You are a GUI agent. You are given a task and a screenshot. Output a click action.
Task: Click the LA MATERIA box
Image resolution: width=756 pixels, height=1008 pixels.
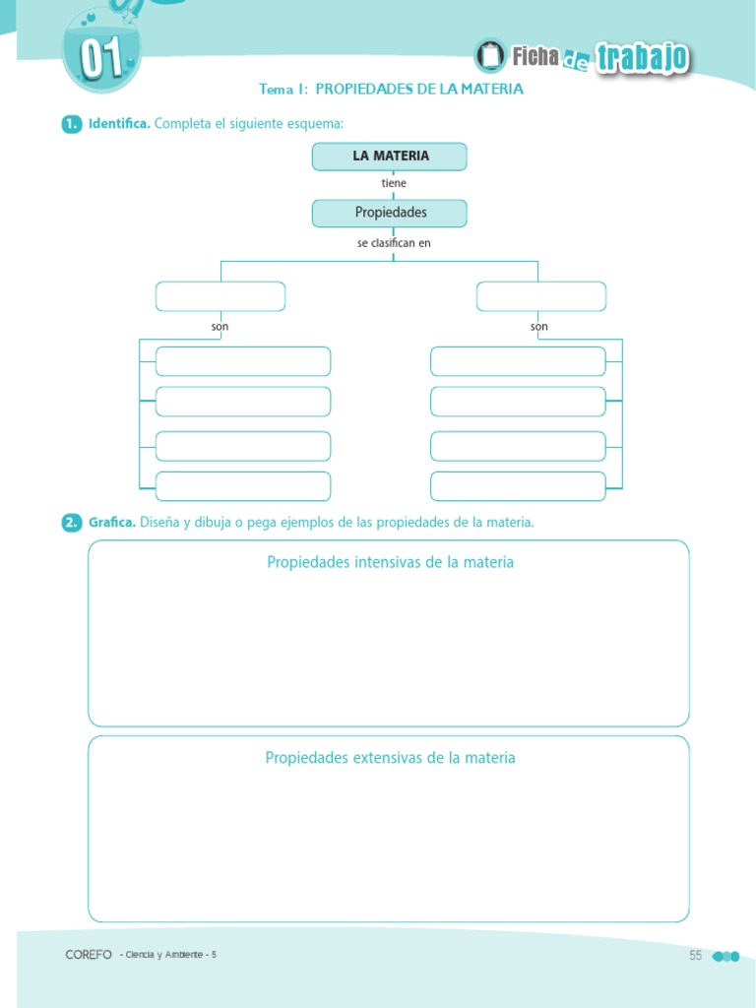(390, 157)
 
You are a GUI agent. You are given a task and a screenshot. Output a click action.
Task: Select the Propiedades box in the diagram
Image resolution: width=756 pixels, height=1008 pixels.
(390, 213)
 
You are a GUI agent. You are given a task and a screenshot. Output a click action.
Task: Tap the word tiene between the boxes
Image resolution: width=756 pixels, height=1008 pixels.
(394, 184)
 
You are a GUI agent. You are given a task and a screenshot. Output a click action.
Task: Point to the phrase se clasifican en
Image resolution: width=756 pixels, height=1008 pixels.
(394, 242)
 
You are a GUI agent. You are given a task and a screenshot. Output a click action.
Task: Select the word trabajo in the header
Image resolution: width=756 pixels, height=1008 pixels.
(642, 59)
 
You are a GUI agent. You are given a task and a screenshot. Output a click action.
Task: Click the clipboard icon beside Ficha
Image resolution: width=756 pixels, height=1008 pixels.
(489, 56)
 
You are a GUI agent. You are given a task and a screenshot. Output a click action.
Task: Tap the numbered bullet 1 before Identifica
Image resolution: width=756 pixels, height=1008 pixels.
(70, 124)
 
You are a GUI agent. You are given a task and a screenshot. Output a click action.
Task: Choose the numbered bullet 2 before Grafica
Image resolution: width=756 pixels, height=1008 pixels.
(70, 523)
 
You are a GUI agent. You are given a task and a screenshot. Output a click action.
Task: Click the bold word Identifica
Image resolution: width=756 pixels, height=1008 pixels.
(119, 124)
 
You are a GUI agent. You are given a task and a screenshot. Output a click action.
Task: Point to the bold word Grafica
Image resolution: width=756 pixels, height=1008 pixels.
(111, 523)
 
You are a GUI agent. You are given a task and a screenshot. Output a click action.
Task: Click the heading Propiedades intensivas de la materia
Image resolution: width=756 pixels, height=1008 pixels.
(390, 562)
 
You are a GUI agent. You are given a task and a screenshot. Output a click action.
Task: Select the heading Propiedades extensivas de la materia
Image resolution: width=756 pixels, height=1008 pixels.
(390, 758)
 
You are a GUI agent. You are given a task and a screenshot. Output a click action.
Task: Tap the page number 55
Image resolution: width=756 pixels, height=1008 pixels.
(696, 955)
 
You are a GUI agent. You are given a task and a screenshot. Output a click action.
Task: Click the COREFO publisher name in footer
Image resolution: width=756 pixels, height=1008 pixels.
(89, 955)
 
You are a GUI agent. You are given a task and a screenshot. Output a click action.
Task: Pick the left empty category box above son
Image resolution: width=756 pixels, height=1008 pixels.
(220, 296)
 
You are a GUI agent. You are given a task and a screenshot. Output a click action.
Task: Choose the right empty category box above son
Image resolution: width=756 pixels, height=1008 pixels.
(541, 296)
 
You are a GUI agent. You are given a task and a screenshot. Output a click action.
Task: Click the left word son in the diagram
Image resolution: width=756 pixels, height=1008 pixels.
(220, 327)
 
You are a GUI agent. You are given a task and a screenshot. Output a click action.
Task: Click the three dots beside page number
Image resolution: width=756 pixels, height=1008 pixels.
(724, 956)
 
